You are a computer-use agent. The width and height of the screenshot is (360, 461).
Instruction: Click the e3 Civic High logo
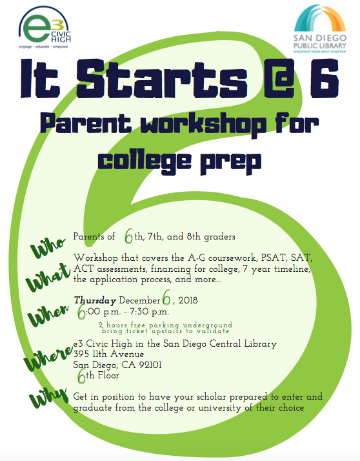coord(45,28)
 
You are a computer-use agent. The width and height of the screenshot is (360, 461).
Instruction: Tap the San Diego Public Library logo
coord(320,28)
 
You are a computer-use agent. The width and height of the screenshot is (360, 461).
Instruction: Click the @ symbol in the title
coord(279,79)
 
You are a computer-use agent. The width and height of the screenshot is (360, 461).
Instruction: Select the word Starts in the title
coord(161,79)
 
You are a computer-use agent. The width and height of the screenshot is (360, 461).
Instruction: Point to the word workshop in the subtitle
coord(203,125)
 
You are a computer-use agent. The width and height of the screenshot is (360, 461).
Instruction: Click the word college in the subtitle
coord(145,161)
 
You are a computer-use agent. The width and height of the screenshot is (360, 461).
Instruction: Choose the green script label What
coord(48,277)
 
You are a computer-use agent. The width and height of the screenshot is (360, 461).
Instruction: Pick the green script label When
coord(48,315)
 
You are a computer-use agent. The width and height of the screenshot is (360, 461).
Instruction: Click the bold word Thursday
coord(95,300)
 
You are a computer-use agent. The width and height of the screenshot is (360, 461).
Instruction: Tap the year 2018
coord(188,300)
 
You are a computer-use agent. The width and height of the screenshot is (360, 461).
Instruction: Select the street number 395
coord(79,354)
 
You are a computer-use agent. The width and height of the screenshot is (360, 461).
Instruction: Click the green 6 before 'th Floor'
coord(81,376)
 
